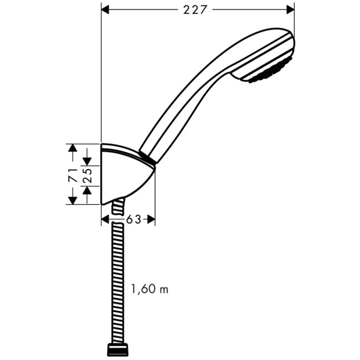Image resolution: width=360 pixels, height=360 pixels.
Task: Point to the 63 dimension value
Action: pos(133,219)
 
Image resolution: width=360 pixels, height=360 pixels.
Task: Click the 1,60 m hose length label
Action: pos(149,289)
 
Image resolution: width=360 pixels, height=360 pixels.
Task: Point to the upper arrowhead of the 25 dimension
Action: pos(86,161)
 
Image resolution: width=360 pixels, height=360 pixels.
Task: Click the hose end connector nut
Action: pos(117,349)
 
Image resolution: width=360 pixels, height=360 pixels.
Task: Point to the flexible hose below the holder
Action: pos(117,277)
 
